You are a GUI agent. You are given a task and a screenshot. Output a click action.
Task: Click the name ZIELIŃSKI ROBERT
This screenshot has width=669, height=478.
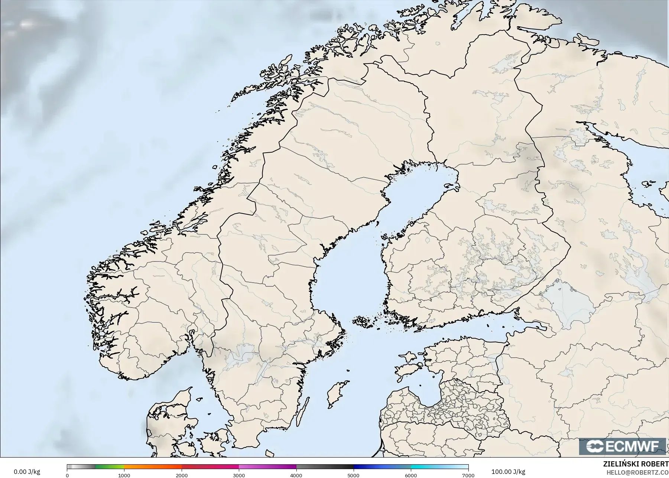pyautogui.click(x=636, y=465)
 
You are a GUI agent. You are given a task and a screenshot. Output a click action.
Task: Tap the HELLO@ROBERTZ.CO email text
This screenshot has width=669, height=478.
pyautogui.click(x=637, y=472)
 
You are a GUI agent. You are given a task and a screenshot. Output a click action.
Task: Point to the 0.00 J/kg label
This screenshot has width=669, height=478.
pyautogui.click(x=27, y=472)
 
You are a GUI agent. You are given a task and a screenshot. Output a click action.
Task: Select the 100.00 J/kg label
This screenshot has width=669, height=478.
pyautogui.click(x=508, y=472)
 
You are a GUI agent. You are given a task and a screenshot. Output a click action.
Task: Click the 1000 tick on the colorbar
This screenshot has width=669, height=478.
pyautogui.click(x=124, y=475)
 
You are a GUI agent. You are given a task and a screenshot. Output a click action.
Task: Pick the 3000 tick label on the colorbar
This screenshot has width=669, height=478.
pyautogui.click(x=239, y=475)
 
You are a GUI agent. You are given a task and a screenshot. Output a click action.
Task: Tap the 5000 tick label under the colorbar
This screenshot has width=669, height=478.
pyautogui.click(x=353, y=475)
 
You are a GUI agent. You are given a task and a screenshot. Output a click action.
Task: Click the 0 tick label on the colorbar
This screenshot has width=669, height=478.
pyautogui.click(x=67, y=475)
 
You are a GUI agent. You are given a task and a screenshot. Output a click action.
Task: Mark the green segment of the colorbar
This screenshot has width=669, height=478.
pyautogui.click(x=110, y=467)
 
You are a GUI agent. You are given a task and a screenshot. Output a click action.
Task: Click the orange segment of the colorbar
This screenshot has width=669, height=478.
pyautogui.click(x=152, y=467)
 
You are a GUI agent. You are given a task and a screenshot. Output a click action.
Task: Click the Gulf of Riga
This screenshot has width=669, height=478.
pyautogui.click(x=427, y=390)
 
